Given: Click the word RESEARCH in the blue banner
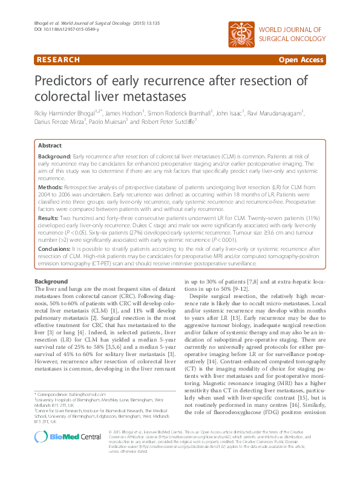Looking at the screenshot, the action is (x=58, y=60).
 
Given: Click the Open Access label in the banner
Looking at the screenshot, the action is (x=301, y=60).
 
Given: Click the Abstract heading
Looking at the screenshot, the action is (x=50, y=146).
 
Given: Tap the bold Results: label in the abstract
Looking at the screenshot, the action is (x=49, y=216).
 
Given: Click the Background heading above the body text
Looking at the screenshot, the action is (x=51, y=282).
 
